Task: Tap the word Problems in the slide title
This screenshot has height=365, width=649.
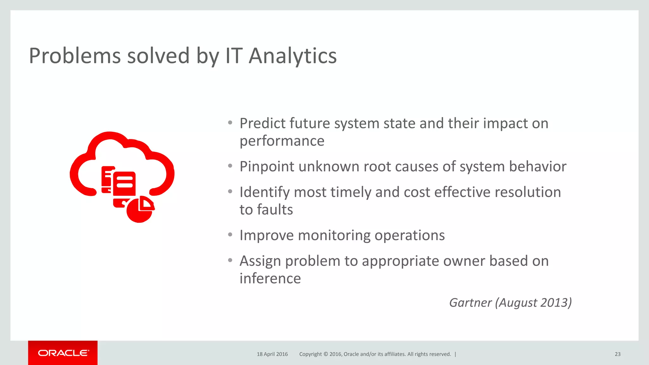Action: coord(75,56)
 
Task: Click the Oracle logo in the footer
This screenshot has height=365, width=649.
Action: coord(63,353)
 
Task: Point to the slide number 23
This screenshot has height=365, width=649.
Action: coord(617,354)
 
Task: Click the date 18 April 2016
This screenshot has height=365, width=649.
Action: coord(272,354)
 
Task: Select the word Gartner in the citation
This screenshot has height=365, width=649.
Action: coord(470,303)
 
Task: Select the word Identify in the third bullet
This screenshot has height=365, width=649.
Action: coord(264,193)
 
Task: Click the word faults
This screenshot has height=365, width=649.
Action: coord(275,210)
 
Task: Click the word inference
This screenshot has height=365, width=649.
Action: coord(270,279)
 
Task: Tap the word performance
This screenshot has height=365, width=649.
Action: coord(282,141)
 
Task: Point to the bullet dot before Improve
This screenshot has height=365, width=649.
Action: coord(230,234)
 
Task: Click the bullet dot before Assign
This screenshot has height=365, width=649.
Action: coord(230,260)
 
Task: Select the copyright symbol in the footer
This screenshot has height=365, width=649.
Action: coord(325,354)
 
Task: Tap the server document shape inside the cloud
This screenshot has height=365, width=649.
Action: coord(124,184)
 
